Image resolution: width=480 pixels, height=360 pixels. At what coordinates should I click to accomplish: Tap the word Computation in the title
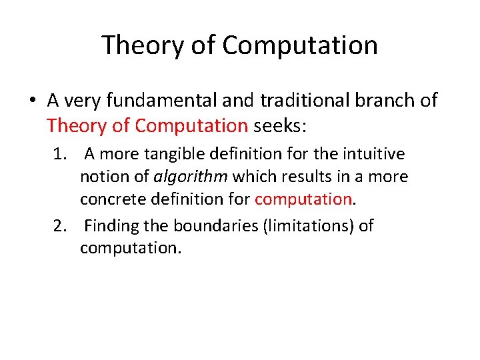tap(300, 45)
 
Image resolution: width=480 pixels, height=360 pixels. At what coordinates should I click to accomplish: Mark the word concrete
tap(109, 199)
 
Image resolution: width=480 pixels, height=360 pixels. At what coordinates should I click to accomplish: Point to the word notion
tap(100, 177)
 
